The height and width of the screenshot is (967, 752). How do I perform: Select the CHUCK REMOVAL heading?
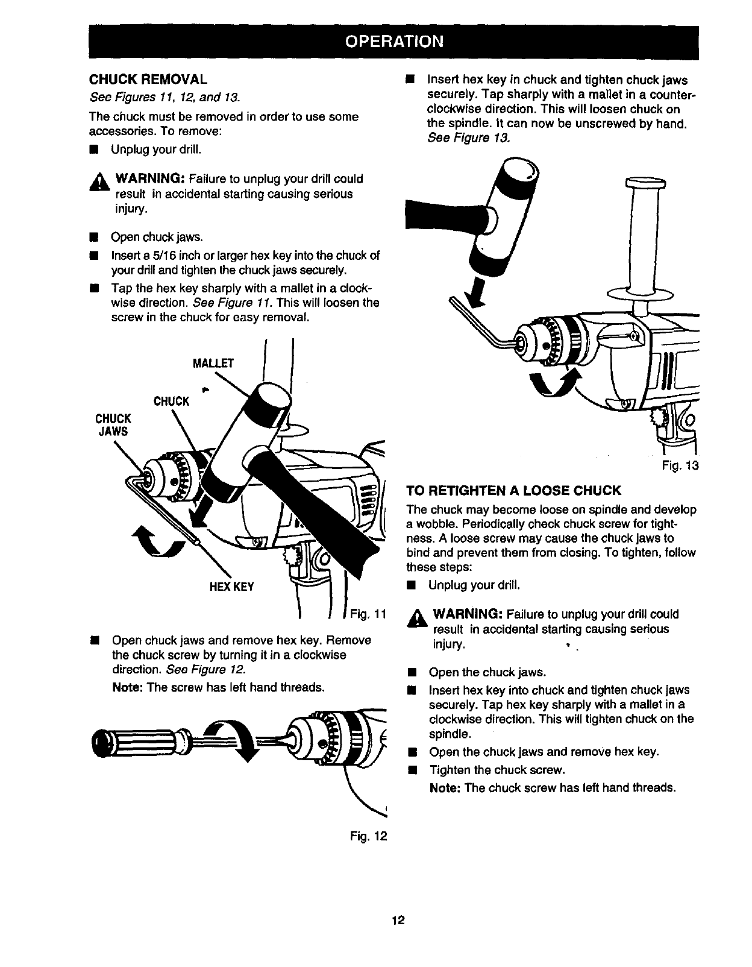pos(148,79)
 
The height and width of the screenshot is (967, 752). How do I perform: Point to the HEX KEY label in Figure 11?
pos(231,586)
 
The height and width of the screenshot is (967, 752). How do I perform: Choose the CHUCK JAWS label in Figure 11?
pos(113,424)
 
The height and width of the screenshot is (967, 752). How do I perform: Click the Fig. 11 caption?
pos(368,614)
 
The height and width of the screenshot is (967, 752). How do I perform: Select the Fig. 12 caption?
pos(368,836)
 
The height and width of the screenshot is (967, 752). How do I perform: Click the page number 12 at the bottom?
pos(397,920)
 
